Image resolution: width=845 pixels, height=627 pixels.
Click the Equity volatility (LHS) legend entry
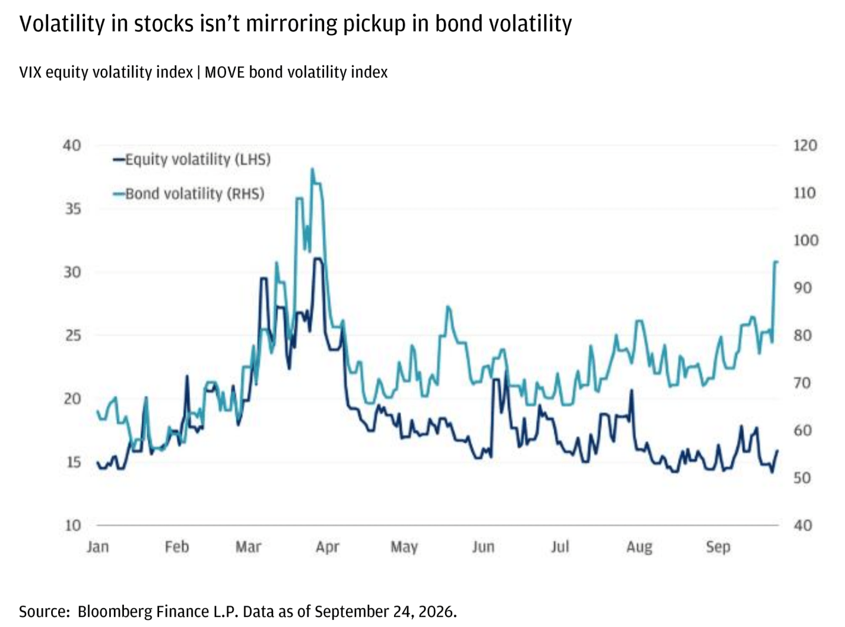point(191,159)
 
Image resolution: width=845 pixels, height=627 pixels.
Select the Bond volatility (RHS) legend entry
point(188,194)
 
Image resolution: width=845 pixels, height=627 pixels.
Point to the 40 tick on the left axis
point(72,145)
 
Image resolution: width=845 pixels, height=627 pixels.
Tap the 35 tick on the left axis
point(73,209)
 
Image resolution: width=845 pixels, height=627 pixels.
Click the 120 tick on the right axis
point(805,145)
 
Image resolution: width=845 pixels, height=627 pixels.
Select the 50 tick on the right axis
point(802,478)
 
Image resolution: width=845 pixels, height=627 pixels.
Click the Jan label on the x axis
point(98,547)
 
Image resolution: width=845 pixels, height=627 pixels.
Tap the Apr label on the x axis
point(327,548)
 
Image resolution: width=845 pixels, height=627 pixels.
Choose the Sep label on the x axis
point(718,548)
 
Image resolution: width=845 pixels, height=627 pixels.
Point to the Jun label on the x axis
point(483,547)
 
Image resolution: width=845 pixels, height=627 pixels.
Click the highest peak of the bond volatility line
point(312,169)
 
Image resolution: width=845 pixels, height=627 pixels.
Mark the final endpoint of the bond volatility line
point(777,261)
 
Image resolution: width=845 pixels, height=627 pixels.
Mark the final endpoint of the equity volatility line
point(777,451)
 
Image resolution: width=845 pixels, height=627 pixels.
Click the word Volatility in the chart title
point(62,24)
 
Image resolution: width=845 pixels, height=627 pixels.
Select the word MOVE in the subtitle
point(224,72)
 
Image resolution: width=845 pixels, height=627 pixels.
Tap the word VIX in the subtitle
point(30,72)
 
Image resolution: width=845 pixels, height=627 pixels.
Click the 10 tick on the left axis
point(73,525)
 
